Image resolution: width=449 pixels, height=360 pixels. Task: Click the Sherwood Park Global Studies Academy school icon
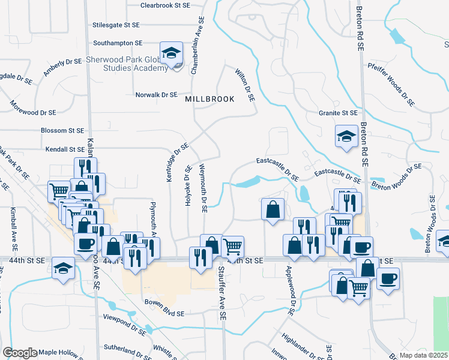coord(172,53)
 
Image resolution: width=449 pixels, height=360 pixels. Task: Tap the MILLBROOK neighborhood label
coord(209,99)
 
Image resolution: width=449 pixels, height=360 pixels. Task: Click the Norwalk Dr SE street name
coord(157,95)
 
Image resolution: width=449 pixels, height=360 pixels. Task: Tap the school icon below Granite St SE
coord(346,137)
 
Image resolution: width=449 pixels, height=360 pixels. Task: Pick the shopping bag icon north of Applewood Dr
coord(273,209)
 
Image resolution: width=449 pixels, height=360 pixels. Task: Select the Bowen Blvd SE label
coord(164,313)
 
